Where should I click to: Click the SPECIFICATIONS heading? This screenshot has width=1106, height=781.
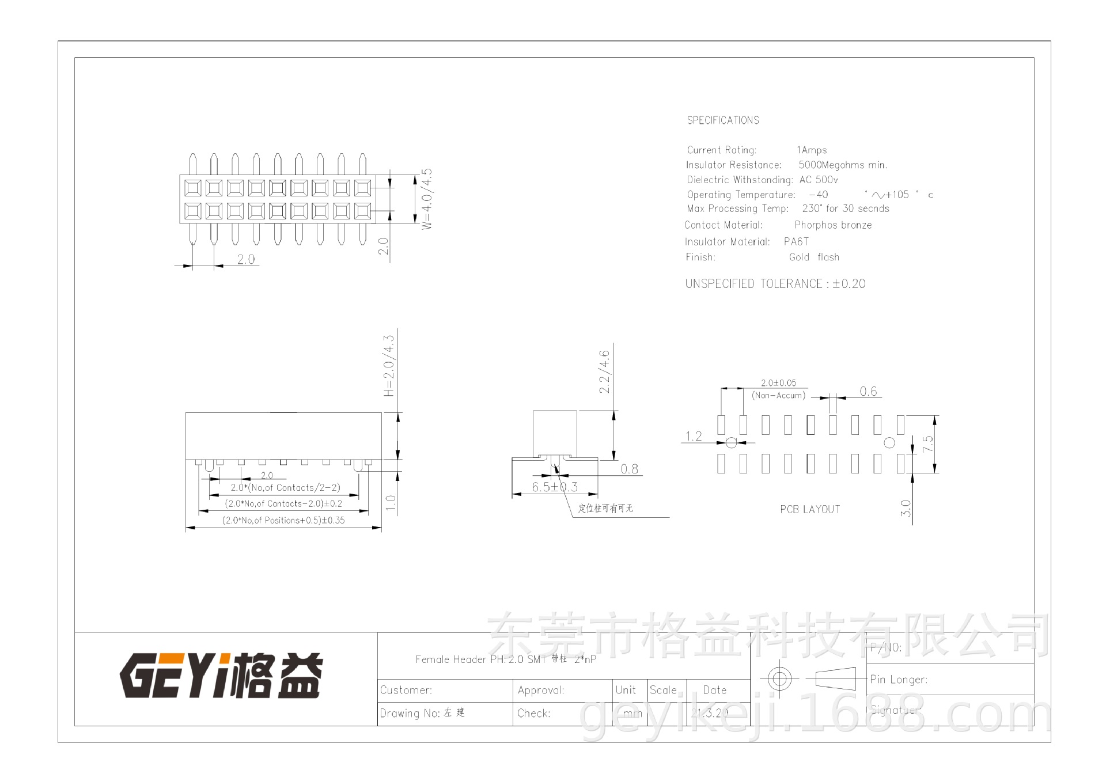(x=723, y=120)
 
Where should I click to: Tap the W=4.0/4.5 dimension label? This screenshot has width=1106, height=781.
(x=427, y=199)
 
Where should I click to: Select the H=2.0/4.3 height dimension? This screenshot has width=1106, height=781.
(x=389, y=366)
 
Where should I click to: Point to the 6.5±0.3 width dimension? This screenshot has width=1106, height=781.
(x=554, y=487)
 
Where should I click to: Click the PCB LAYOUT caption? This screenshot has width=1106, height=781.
(x=810, y=510)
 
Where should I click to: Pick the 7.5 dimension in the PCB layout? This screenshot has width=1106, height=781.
(x=927, y=444)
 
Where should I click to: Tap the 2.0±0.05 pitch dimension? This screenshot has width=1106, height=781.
(x=778, y=383)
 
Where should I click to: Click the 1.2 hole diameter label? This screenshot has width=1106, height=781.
(x=694, y=437)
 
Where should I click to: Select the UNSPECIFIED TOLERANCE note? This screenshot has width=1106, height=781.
(x=775, y=284)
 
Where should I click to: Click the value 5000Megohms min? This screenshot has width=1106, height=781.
(x=843, y=165)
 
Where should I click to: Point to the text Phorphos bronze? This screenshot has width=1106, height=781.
(x=833, y=225)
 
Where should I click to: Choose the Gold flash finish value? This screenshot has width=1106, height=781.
(x=814, y=257)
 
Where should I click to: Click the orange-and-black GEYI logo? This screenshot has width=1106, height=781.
(x=221, y=675)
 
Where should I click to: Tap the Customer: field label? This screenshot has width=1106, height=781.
(x=406, y=691)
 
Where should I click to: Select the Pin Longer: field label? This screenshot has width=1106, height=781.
(x=899, y=680)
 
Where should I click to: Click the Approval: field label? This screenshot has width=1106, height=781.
(x=541, y=691)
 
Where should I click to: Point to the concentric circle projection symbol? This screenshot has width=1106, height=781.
(x=779, y=678)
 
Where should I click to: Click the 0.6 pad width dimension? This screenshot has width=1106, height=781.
(x=868, y=392)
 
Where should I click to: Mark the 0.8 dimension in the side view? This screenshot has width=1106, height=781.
(x=629, y=469)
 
